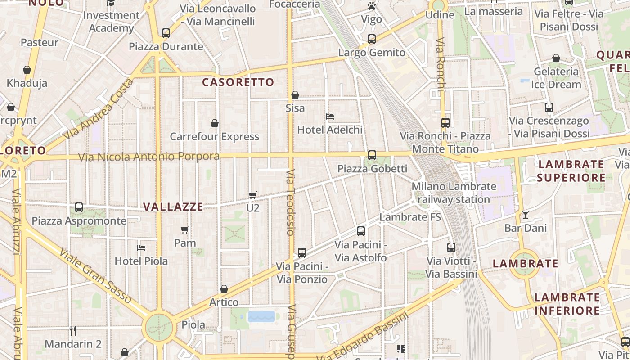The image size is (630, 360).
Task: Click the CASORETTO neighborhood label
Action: tap(238, 82)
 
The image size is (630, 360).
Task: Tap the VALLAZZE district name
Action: tap(173, 207)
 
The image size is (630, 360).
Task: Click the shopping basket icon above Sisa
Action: tap(295, 95)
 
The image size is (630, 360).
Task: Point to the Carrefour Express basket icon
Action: tap(215, 123)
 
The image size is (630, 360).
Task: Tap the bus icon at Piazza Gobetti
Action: tap(372, 155)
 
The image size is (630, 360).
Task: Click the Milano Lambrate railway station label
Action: tap(454, 193)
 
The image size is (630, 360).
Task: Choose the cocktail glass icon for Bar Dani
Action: tap(525, 215)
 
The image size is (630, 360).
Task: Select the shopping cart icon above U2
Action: tap(252, 195)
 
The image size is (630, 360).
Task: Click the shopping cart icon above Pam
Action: tap(184, 230)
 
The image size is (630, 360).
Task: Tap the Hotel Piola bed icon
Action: tap(141, 248)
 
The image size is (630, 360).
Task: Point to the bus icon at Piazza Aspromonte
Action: tap(79, 207)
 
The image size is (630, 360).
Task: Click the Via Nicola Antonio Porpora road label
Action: tap(149, 157)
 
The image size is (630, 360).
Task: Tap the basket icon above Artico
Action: tap(224, 289)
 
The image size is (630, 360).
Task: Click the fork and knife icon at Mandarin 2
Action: tap(73, 331)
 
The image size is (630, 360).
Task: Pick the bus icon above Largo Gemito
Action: tap(371, 39)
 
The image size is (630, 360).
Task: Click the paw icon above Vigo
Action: tap(371, 6)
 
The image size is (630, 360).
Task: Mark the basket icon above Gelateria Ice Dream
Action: tap(556, 58)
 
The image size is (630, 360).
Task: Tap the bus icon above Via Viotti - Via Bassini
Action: tap(451, 247)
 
